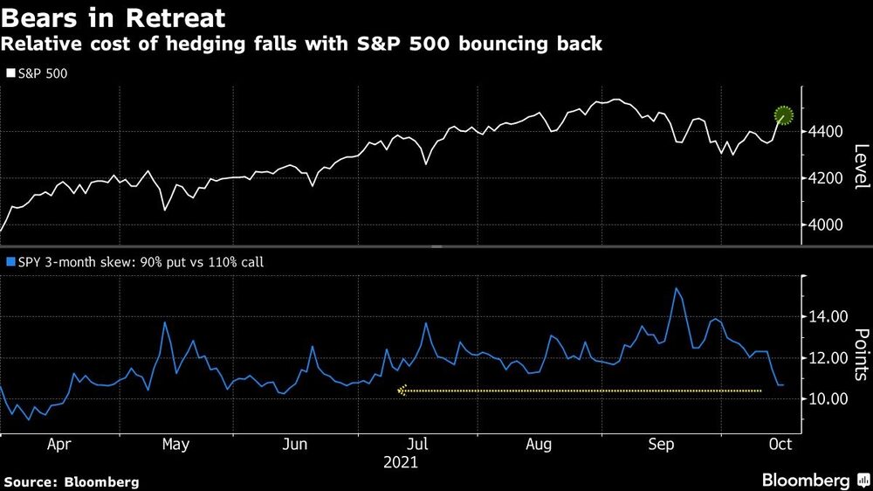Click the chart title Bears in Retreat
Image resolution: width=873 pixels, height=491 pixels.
coord(114,17)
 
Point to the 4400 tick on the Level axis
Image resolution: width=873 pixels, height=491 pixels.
coord(823,132)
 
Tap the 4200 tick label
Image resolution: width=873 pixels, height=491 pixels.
coord(823,178)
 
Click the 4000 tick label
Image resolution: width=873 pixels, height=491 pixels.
coord(823,225)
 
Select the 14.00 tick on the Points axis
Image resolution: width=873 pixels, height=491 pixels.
coord(826,316)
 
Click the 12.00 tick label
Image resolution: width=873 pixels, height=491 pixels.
coord(826,358)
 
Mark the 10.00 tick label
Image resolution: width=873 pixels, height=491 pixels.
coord(826,399)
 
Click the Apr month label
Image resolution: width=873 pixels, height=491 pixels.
coord(58,444)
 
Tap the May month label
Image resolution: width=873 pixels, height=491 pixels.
coord(175,444)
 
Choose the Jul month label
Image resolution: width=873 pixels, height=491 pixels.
coord(417,444)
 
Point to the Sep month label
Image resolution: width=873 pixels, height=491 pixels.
coord(661,444)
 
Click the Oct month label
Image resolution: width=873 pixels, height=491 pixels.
coord(780,444)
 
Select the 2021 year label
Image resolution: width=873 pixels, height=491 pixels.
coord(401,462)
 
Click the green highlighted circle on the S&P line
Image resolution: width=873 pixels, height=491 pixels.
coord(784,114)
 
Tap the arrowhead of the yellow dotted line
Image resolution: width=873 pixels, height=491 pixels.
coord(402,391)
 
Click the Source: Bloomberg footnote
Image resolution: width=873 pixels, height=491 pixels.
coord(71,481)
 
